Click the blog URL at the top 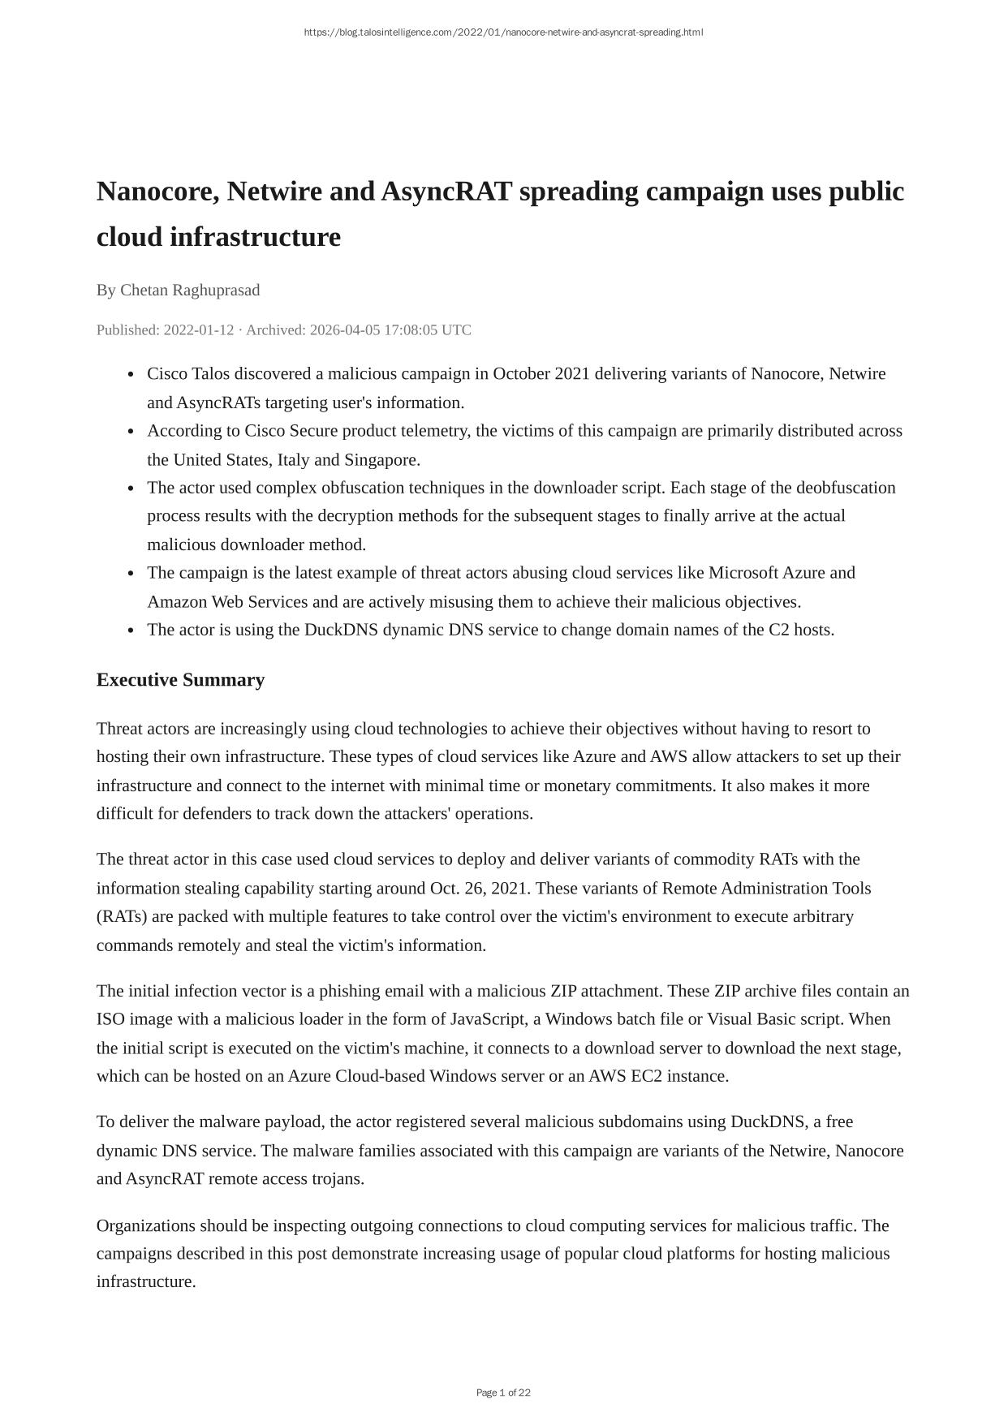(x=503, y=32)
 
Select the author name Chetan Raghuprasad (x=190, y=290)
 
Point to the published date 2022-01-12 (x=199, y=329)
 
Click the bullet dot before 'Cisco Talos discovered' (x=131, y=374)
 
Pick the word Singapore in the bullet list (x=380, y=459)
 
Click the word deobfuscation (x=846, y=487)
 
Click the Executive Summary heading (x=180, y=679)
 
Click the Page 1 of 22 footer (x=503, y=1393)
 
